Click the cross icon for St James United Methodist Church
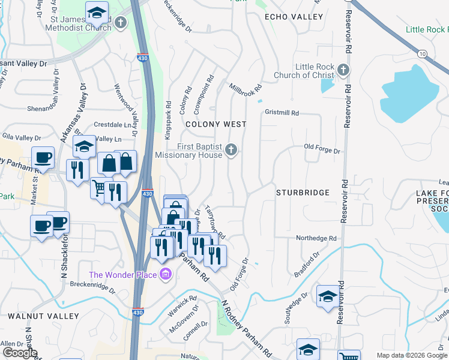click(x=121, y=23)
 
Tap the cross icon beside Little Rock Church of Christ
click(x=343, y=70)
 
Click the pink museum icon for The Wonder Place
click(x=166, y=275)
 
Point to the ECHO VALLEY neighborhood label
click(x=294, y=17)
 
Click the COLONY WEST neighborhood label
click(x=215, y=124)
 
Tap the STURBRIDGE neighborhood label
click(x=303, y=193)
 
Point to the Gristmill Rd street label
click(x=282, y=112)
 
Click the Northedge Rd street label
click(x=317, y=238)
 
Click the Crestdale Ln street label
click(x=112, y=125)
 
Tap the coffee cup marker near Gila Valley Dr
click(x=42, y=158)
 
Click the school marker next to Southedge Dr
click(x=328, y=296)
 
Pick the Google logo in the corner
click(x=20, y=353)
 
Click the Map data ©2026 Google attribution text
click(x=411, y=355)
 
